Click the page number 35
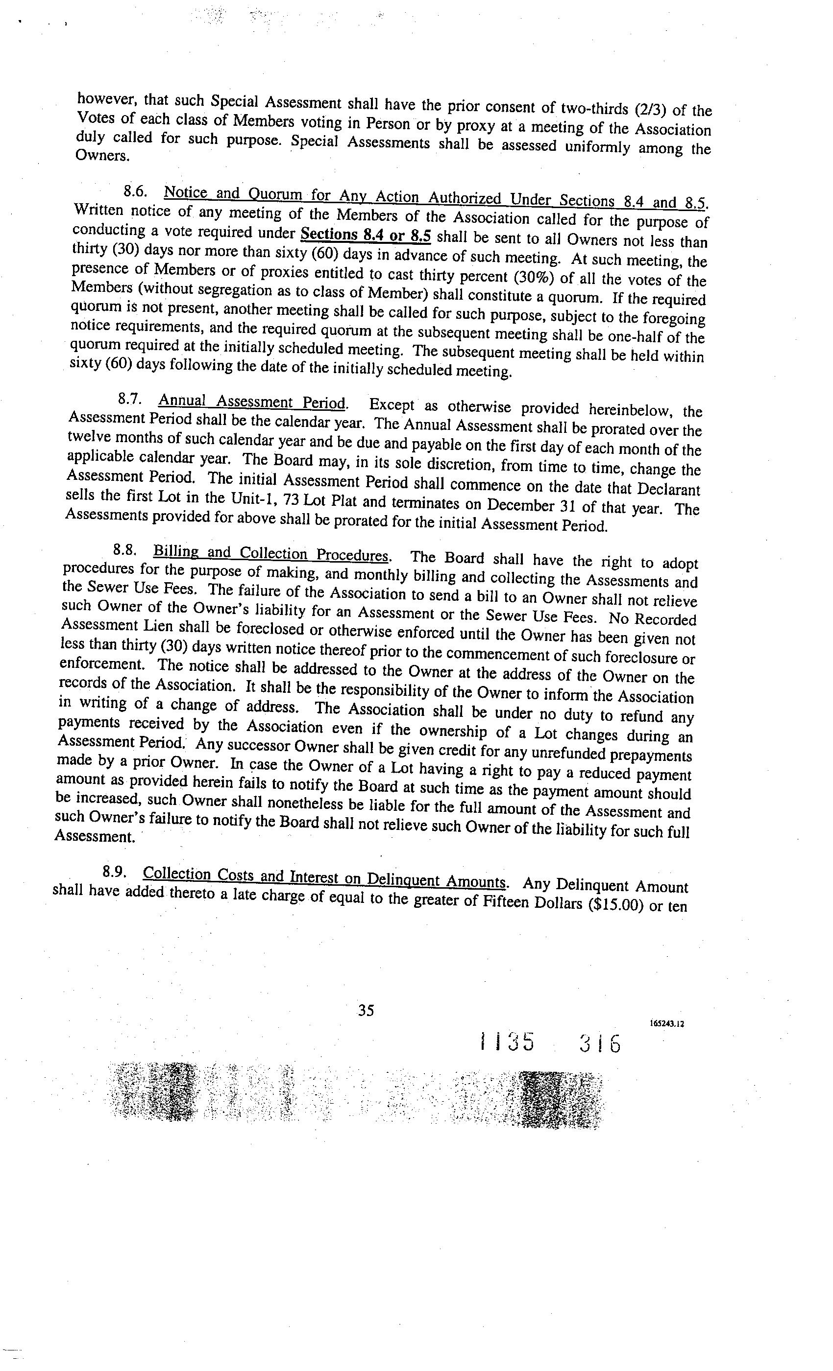pyautogui.click(x=366, y=1010)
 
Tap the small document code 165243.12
pyautogui.click(x=666, y=1023)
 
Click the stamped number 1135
pyautogui.click(x=507, y=1042)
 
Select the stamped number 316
pyautogui.click(x=599, y=1044)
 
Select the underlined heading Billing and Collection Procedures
pyautogui.click(x=270, y=554)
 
